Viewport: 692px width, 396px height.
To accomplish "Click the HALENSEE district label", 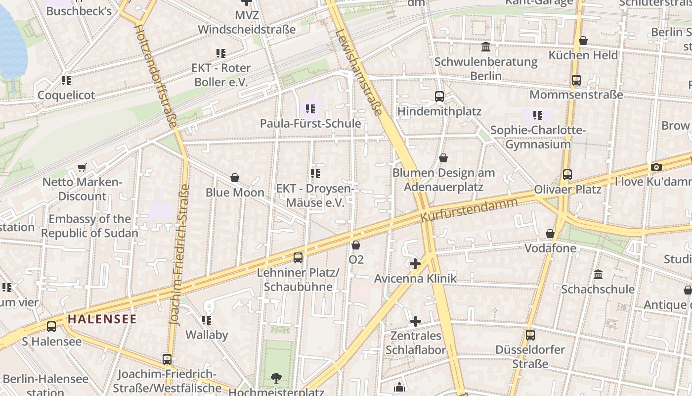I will (102, 319).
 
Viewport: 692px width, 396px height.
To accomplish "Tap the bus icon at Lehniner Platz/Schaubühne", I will (298, 257).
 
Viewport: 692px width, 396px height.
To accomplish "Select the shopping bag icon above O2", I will (355, 245).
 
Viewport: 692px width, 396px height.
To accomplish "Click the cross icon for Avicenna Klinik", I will (415, 264).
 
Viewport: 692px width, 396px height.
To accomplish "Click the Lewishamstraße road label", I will (359, 72).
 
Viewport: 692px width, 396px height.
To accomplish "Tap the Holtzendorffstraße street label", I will (155, 74).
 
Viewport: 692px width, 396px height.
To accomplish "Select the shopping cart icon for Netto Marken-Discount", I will (82, 168).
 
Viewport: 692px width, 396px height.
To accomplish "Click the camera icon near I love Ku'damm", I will (656, 167).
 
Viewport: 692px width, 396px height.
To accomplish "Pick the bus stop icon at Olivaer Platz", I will (567, 174).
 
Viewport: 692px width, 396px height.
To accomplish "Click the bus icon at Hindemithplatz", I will (439, 97).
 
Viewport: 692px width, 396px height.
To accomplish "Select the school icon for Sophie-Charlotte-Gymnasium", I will (538, 115).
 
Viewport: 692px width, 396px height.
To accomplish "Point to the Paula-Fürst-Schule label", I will (310, 123).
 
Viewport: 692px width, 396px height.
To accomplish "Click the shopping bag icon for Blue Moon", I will (235, 178).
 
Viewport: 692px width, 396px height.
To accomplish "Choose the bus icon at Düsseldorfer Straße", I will (530, 335).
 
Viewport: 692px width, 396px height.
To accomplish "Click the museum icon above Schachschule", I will (598, 274).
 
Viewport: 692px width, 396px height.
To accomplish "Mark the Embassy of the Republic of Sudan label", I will (89, 226).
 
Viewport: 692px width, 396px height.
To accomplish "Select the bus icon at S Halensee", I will (51, 327).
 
